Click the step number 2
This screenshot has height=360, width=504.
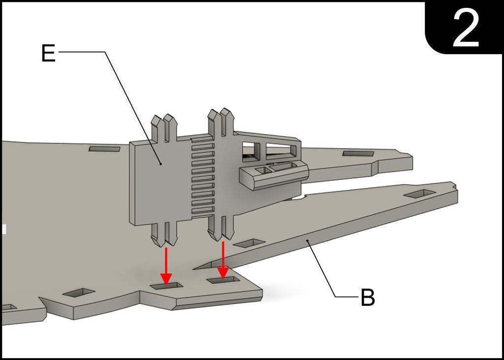pos(465,28)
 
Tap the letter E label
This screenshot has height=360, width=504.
pos(48,53)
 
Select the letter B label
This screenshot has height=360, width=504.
pos(368,298)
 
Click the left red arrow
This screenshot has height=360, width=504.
pos(166,266)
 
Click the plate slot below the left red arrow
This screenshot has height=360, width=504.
pos(166,285)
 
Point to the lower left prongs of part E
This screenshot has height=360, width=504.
pos(164,235)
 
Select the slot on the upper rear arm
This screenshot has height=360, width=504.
pos(358,154)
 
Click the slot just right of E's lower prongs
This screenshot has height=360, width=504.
pos(249,243)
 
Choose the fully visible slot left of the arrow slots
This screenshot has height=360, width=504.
pos(79,293)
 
